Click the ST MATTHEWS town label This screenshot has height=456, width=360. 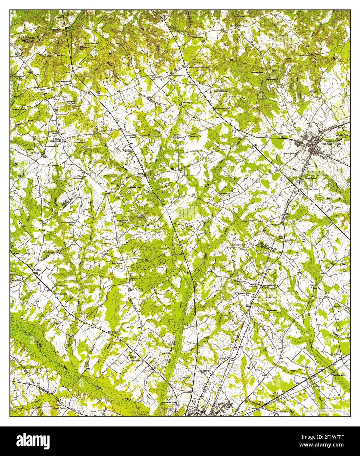332,144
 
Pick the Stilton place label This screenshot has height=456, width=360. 223,359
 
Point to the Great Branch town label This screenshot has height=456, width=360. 60,408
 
